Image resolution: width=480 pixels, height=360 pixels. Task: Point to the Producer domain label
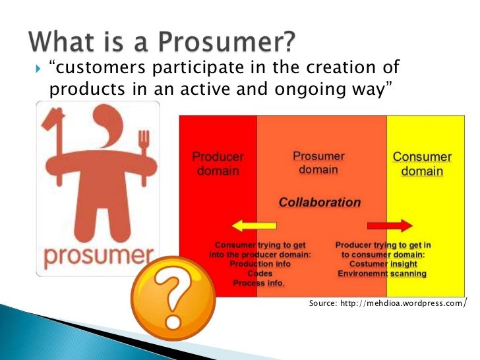pyautogui.click(x=218, y=164)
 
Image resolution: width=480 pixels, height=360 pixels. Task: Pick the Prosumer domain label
pyautogui.click(x=318, y=163)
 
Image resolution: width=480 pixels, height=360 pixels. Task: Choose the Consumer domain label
pyautogui.click(x=422, y=164)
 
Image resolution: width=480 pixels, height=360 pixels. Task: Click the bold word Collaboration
pyautogui.click(x=320, y=202)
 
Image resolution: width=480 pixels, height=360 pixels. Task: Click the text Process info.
pyautogui.click(x=259, y=283)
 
